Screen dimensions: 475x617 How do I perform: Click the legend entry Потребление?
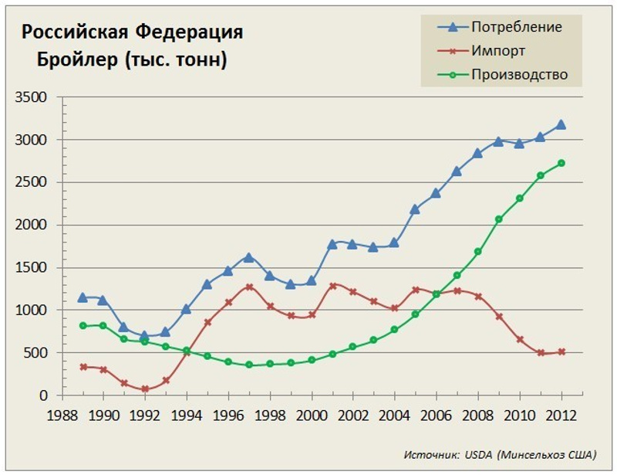tap(516, 27)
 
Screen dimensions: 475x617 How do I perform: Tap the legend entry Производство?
tap(519, 75)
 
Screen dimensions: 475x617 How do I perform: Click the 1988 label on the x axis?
tap(64, 414)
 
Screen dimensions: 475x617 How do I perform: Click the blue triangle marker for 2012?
tap(561, 124)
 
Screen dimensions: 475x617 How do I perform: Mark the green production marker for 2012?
tap(561, 163)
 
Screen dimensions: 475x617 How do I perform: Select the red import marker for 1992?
tap(145, 388)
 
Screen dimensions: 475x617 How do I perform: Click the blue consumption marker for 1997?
tap(248, 257)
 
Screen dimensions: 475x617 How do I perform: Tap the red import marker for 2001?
tap(332, 286)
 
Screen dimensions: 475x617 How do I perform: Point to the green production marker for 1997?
tap(248, 365)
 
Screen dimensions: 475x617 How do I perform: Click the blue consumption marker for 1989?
tap(83, 297)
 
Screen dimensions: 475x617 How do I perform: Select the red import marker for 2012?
tap(561, 351)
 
